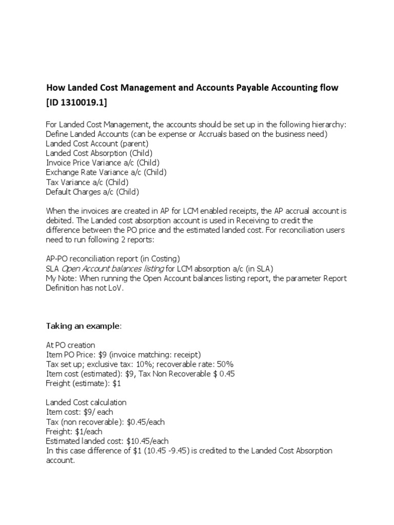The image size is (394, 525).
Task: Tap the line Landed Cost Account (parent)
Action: pos(96,143)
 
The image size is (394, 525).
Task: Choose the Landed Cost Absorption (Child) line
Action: pos(99,153)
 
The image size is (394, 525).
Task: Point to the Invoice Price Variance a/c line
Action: pos(103,163)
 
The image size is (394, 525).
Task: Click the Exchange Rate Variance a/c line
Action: pos(106,172)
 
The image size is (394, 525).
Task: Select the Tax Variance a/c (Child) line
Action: pos(87,182)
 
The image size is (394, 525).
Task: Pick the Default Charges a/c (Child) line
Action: pos(92,192)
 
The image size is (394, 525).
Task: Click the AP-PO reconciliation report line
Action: pos(113,259)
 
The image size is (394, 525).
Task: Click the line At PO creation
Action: pos(71,345)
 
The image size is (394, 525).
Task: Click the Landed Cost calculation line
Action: pos(86,402)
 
